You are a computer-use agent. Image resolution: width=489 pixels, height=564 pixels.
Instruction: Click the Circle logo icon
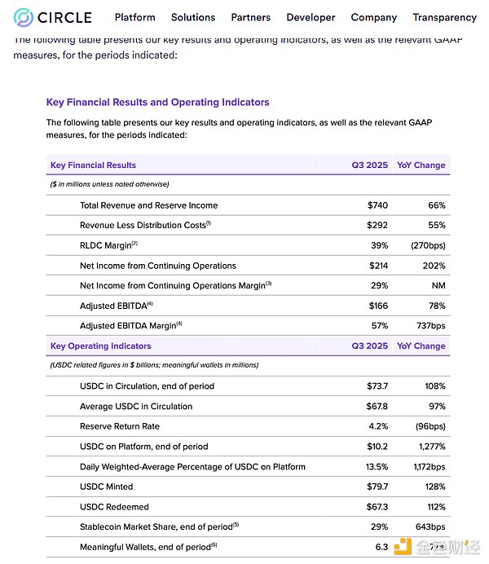click(24, 17)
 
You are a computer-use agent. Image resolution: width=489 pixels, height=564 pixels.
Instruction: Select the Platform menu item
click(134, 17)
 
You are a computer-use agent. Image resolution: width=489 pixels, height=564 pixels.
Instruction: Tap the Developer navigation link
click(311, 17)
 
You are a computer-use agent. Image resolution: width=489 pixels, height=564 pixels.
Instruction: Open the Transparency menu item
click(444, 17)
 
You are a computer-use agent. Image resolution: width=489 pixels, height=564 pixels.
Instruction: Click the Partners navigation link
click(251, 17)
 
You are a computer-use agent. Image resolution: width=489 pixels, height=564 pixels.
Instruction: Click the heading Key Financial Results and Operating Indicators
click(157, 103)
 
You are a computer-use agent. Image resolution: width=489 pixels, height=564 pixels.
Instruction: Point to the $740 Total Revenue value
click(377, 205)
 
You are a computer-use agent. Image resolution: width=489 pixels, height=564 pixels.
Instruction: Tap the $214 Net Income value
click(377, 266)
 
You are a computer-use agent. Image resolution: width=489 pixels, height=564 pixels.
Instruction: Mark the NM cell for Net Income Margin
click(438, 285)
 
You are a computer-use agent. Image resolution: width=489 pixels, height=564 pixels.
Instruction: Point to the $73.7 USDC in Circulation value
click(374, 386)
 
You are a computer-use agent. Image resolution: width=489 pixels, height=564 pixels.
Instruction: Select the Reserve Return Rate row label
click(119, 426)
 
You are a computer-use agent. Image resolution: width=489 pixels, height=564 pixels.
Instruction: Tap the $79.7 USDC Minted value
click(374, 487)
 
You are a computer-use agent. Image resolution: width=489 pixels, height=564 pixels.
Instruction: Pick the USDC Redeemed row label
click(114, 507)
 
